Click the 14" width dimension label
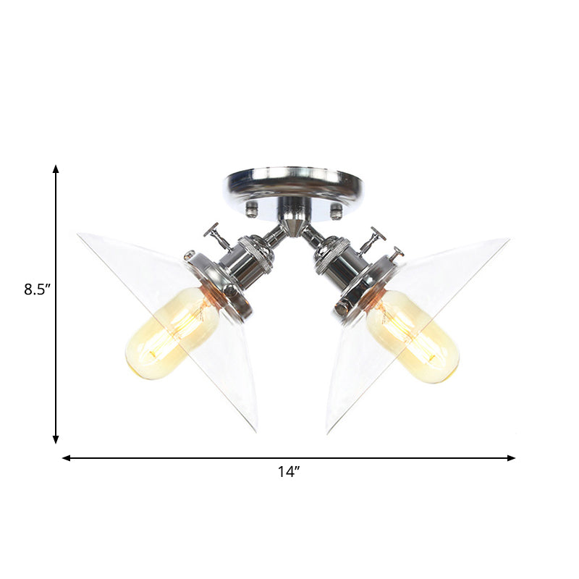288,472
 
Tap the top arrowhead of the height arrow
56,169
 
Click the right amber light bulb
413,336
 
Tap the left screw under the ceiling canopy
251,210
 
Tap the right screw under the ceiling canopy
335,210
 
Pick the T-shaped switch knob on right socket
374,236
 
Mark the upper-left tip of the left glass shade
79,234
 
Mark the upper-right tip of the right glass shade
508,238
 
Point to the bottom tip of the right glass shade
327,432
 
